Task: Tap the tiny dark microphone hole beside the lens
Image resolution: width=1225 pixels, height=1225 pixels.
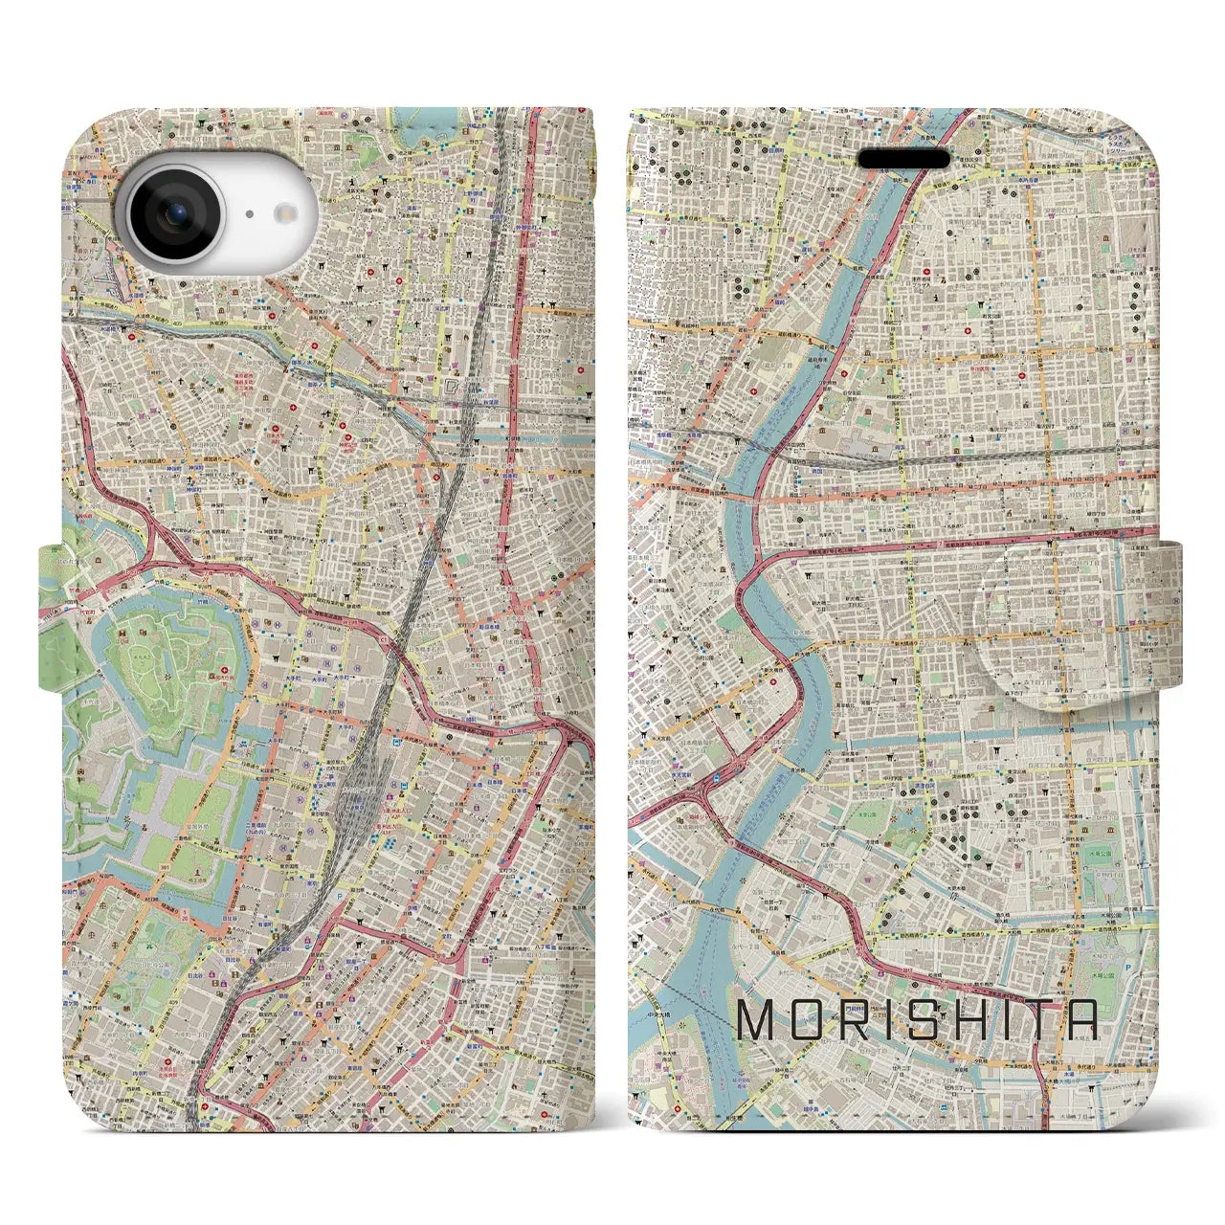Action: (249, 215)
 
